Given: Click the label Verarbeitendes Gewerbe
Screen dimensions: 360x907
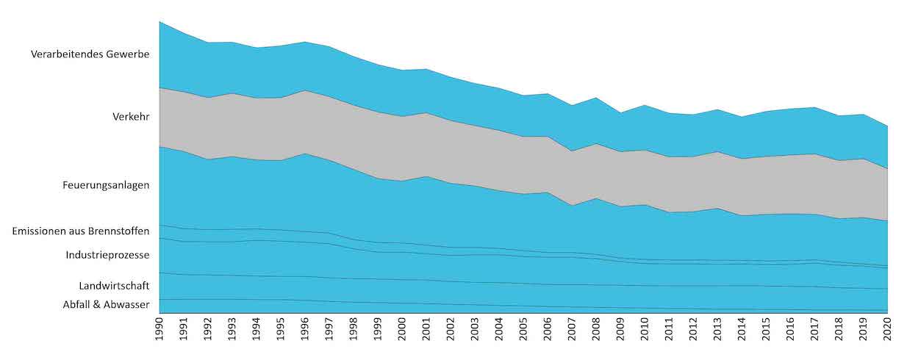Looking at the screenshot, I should (x=90, y=54).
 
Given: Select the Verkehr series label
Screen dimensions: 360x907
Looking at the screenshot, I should (x=131, y=116).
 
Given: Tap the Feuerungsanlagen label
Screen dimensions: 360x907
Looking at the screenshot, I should (x=106, y=185).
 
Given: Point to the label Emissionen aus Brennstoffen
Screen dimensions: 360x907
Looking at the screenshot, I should (x=81, y=231).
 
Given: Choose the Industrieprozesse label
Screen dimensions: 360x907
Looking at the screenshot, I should (x=107, y=255).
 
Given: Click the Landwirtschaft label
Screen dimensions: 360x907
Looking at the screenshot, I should (x=114, y=285).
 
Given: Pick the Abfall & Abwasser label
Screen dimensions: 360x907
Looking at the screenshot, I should (x=106, y=304).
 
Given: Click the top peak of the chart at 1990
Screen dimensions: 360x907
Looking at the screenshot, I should (x=159, y=22).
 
